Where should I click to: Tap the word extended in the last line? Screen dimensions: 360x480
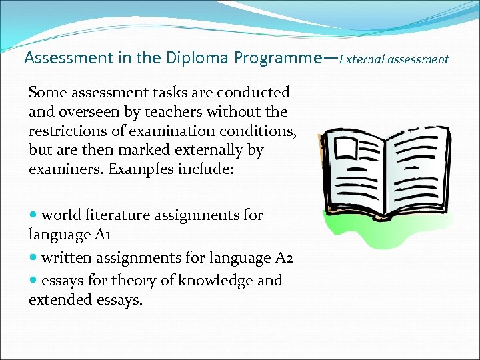click(x=56, y=300)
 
